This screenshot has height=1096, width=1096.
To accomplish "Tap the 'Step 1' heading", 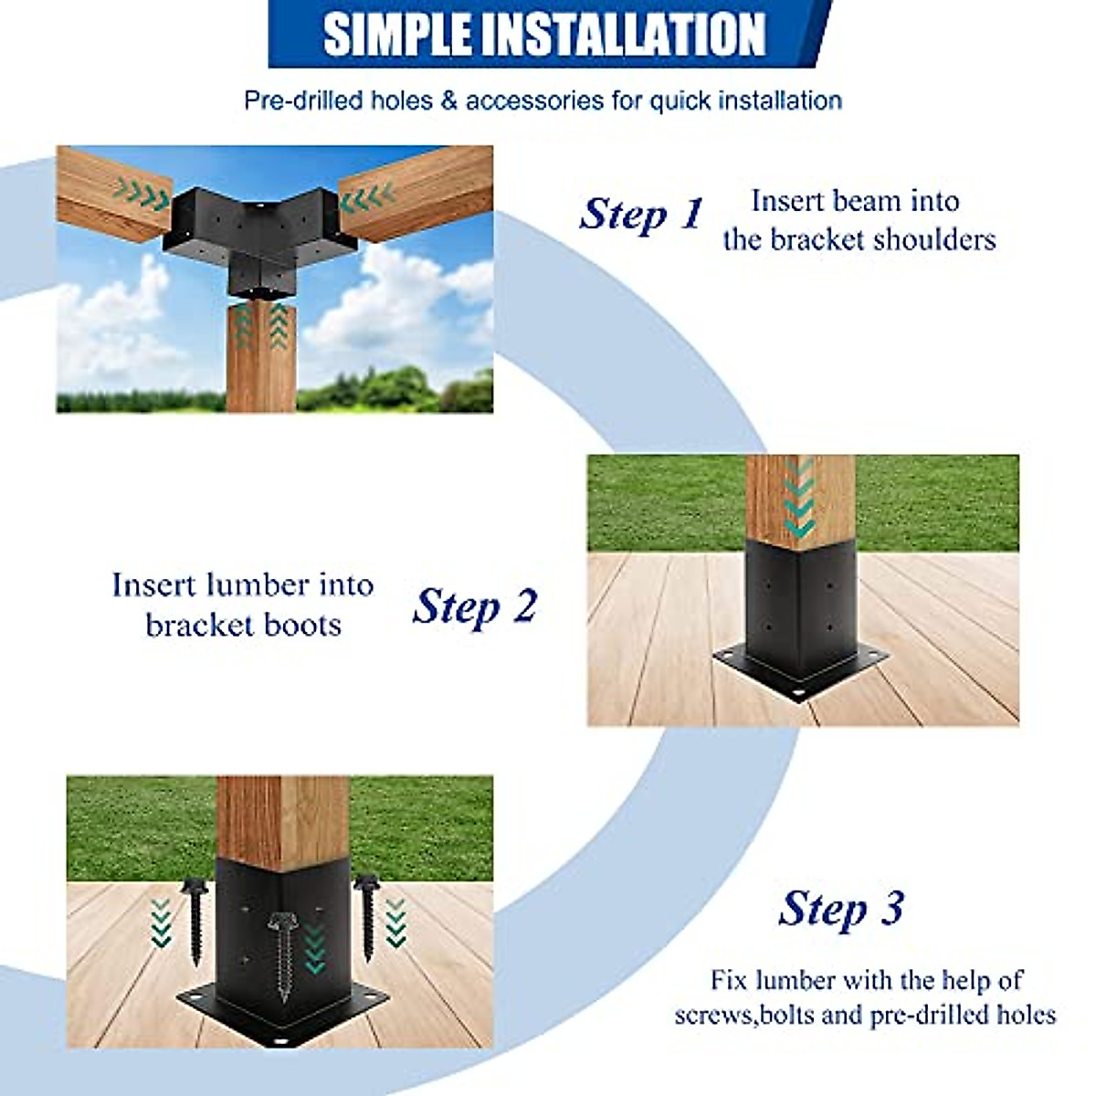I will click(x=641, y=215).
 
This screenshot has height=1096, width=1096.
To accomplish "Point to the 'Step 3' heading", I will click(x=841, y=910).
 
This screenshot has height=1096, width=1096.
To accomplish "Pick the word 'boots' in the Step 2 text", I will click(x=304, y=626).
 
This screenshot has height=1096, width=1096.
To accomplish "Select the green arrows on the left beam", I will click(x=142, y=194).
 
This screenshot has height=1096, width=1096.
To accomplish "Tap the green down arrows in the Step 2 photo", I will click(x=799, y=498).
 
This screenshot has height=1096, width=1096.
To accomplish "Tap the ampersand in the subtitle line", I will click(x=448, y=100).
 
